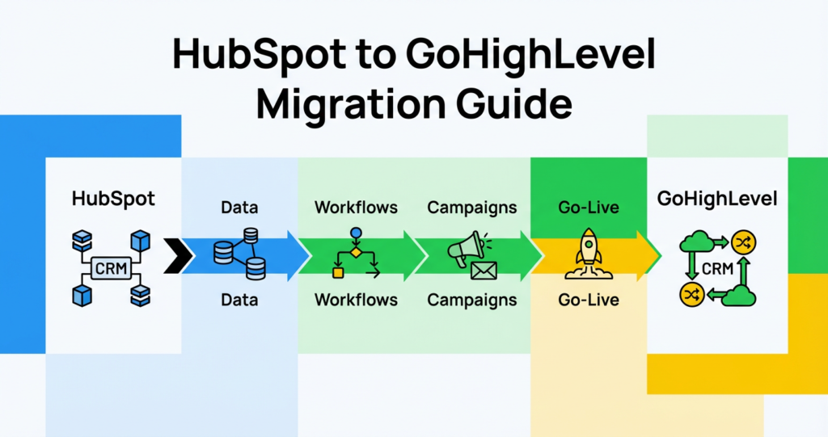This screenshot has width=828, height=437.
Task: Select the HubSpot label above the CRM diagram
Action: click(112, 199)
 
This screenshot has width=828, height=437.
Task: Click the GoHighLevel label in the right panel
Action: click(717, 199)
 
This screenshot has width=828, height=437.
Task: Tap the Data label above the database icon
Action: click(239, 208)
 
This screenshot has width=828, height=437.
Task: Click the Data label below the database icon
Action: click(239, 300)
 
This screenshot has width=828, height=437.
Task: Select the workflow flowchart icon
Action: click(356, 254)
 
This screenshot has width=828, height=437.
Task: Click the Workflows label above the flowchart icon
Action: click(356, 208)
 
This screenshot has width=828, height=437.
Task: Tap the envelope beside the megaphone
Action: click(484, 271)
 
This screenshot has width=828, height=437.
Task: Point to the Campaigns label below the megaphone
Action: click(472, 300)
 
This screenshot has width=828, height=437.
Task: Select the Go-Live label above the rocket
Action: click(589, 208)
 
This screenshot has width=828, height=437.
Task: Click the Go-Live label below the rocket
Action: click(589, 300)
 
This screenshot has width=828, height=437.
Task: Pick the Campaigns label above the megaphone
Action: click(472, 208)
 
